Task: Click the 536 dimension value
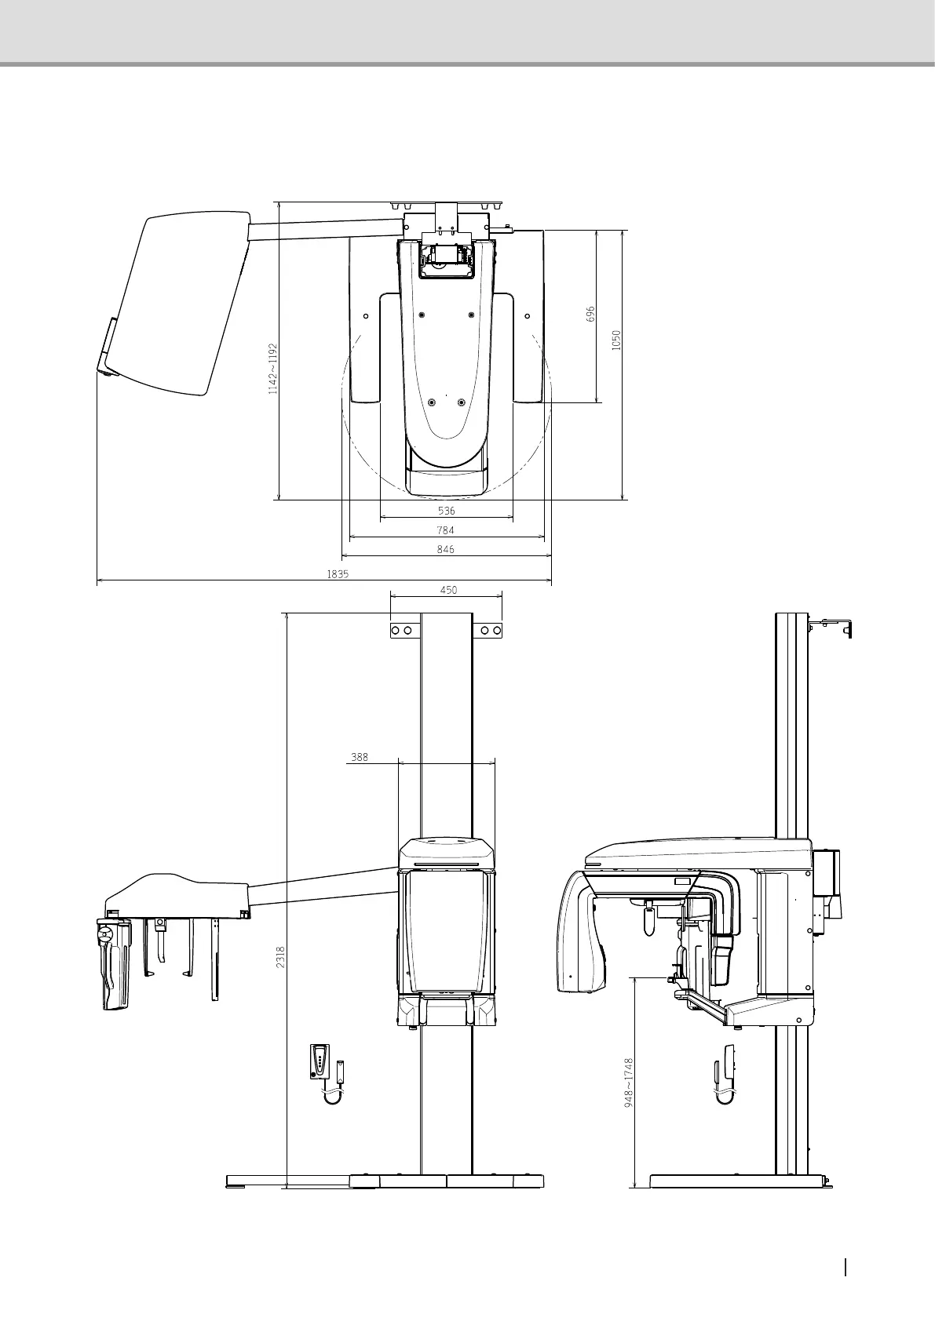[446, 511]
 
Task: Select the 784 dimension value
[446, 530]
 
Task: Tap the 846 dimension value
[446, 550]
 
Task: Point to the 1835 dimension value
[338, 573]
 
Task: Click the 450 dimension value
[448, 590]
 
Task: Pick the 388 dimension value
[359, 757]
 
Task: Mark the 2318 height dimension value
[280, 957]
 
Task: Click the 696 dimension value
[591, 314]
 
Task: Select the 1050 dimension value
[616, 339]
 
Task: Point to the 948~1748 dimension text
[628, 1090]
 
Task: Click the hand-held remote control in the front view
[320, 1061]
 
